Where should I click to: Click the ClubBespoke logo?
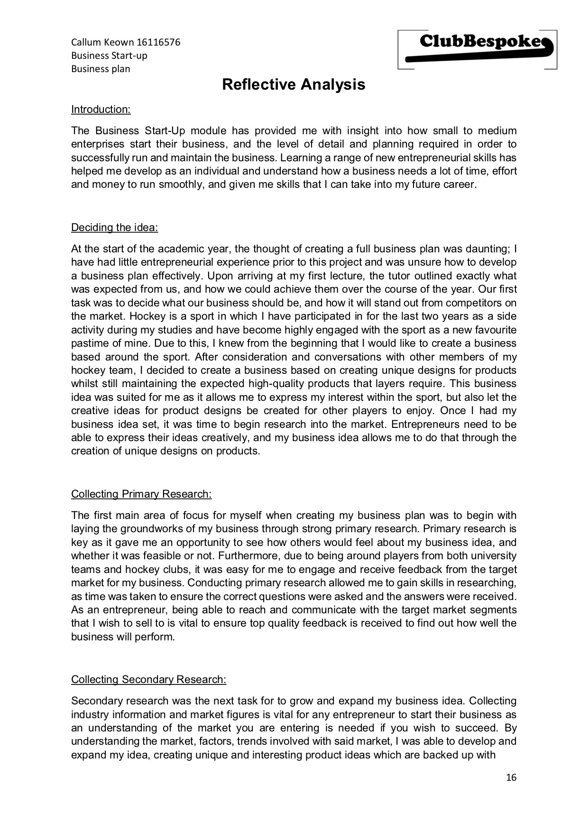coord(478,49)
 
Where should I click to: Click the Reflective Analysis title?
coord(294,84)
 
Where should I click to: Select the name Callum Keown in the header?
coord(102,42)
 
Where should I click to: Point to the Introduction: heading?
coord(101,110)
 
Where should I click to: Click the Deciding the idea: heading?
coord(114,228)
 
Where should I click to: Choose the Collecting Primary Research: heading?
coord(141,494)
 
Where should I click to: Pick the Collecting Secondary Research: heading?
coord(148,680)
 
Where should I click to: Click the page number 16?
coord(511,777)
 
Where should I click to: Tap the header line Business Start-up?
coord(109,55)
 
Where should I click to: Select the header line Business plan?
coord(101,69)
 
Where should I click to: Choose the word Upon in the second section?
coord(219,276)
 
